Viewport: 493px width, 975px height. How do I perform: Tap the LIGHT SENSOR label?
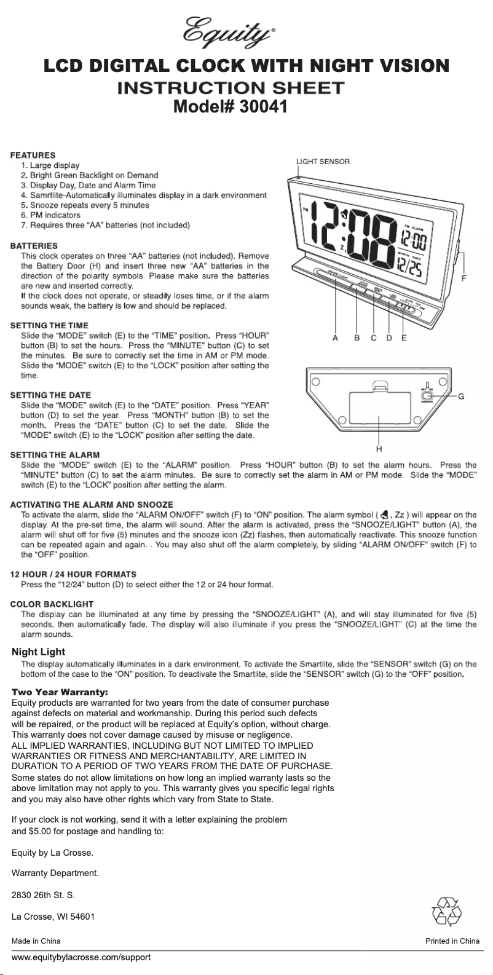323,161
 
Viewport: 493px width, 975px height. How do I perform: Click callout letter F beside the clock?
463,278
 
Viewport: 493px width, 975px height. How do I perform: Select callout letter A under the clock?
335,337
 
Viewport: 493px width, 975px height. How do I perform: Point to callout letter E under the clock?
404,337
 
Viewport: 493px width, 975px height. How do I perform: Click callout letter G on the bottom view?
460,396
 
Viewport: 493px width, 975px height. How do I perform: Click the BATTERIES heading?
34,245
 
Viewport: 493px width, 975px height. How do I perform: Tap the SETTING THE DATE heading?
50,395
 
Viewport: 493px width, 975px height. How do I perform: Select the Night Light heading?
39,652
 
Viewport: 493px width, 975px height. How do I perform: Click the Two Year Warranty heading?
60,692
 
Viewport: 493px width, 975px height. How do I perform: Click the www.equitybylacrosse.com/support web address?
81,958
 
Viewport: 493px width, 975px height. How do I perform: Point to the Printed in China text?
452,941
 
